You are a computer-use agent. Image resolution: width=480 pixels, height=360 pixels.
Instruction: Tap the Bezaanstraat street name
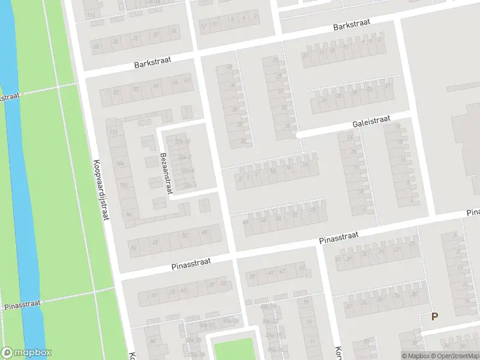[166, 173]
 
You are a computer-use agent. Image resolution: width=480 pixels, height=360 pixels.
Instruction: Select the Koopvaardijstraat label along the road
[100, 189]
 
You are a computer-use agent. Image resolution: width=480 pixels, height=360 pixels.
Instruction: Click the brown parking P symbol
[434, 317]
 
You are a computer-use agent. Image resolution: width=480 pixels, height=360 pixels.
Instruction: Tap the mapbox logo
[26, 353]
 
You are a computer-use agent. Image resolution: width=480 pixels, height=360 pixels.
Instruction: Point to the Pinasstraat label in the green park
[22, 305]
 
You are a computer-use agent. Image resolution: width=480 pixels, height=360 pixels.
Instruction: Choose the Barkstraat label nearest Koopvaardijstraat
[152, 62]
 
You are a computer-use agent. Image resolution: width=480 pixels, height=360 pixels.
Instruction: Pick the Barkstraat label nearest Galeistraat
[352, 25]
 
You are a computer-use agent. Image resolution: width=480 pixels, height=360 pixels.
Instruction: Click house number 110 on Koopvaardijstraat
[112, 131]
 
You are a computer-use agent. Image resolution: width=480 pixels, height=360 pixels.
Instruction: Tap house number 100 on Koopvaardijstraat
[124, 185]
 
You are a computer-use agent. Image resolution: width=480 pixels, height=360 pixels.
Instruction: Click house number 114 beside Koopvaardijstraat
[91, 15]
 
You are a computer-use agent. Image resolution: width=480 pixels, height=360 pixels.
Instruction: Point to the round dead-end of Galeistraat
[298, 136]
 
